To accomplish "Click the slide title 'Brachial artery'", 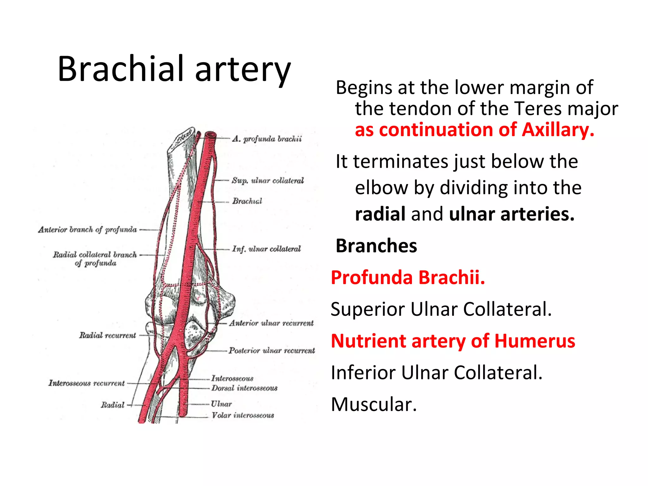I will (174, 69).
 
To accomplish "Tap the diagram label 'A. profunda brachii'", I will (267, 139).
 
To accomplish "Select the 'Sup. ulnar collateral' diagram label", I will (267, 180).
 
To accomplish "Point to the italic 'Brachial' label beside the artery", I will (247, 201).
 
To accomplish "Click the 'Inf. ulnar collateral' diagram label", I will (266, 249).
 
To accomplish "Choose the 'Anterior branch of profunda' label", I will (88, 229).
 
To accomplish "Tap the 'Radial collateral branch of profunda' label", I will (95, 259).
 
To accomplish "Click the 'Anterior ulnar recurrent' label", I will (271, 323).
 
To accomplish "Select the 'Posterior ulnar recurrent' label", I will (272, 351).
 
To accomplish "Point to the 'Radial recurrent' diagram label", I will (108, 335).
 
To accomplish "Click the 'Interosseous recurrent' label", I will (87, 383).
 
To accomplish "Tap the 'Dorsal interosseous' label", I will (244, 388).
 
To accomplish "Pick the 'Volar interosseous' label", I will (243, 415).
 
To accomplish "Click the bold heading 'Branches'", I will (376, 246).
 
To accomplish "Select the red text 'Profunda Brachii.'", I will (408, 277).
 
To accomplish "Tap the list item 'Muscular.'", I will (374, 404).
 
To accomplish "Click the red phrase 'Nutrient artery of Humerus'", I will (453, 341).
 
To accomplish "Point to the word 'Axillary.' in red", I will (558, 130).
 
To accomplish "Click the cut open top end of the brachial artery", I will (210, 135).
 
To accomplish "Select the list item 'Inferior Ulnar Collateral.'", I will (437, 372).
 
